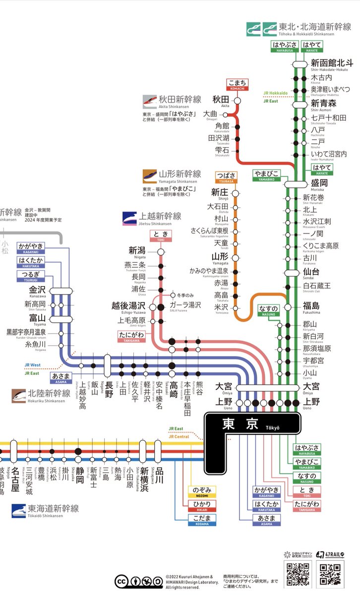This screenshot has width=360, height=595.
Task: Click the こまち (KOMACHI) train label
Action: click(238, 83)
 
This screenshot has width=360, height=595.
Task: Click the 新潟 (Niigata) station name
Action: click(137, 250)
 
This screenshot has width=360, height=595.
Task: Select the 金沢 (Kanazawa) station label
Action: click(38, 290)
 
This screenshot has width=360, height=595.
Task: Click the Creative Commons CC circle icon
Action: click(121, 581)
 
